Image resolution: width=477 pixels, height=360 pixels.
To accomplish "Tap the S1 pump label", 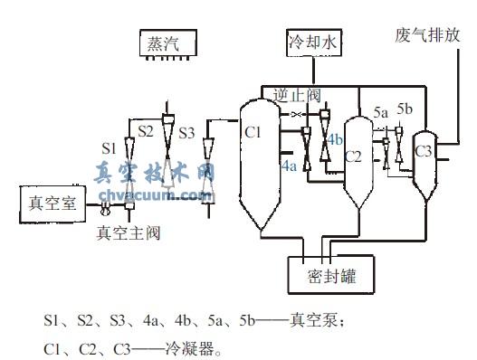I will pyautogui.click(x=108, y=146).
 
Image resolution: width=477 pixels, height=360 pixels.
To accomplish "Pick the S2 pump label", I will pyautogui.click(x=145, y=131).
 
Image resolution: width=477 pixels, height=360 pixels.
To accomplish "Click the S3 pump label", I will pyautogui.click(x=186, y=133).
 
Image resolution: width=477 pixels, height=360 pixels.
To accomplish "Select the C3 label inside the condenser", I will pyautogui.click(x=423, y=150).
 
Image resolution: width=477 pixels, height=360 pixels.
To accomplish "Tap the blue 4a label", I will pyautogui.click(x=290, y=166).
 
